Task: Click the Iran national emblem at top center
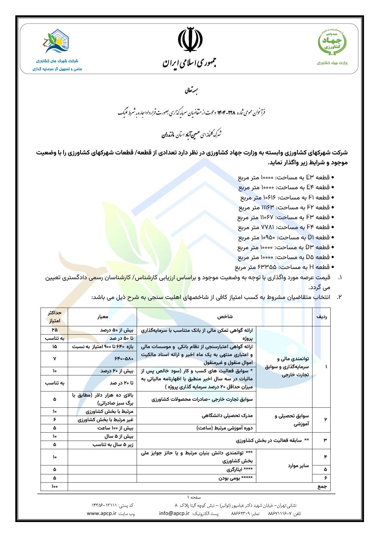[190, 40]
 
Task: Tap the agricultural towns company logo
[57, 41]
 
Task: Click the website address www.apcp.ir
[101, 513]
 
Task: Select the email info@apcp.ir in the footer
[174, 513]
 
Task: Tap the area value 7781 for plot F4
[267, 227]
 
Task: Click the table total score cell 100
[54, 487]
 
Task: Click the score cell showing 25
[54, 330]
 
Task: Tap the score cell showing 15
[54, 347]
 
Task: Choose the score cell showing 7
[54, 359]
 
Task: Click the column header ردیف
[321, 317]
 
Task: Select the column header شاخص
[225, 317]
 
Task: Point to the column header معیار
[103, 317]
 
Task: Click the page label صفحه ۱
[194, 497]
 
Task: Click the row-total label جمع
[323, 487]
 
